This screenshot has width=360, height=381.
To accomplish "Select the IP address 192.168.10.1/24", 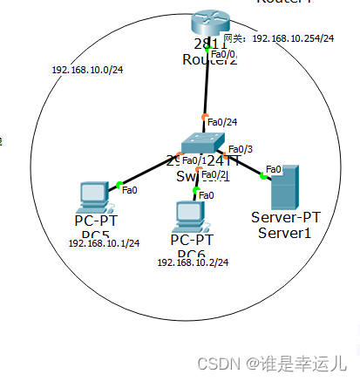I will click(x=104, y=243).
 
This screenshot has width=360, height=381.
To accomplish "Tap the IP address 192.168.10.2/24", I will click(x=193, y=262).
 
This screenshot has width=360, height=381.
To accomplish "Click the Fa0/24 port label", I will click(x=222, y=123).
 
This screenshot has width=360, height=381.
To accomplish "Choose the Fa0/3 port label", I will click(x=241, y=149).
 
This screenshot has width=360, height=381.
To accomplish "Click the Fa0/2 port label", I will click(x=214, y=174).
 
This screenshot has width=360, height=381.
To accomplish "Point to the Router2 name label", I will click(x=208, y=59).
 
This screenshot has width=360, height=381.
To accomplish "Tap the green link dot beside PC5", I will click(x=118, y=184).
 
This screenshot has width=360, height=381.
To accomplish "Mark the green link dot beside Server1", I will click(x=262, y=176).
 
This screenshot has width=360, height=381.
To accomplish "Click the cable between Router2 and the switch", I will click(x=207, y=87).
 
